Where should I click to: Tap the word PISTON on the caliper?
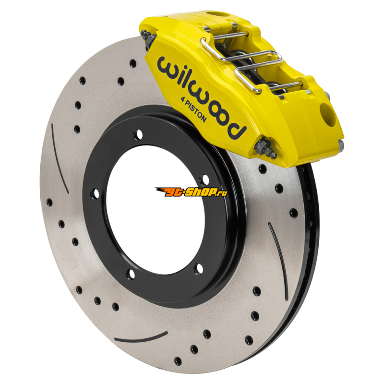(196, 111)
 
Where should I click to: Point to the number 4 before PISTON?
(182, 99)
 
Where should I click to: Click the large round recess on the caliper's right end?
(328, 115)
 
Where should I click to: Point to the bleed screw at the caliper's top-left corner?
(147, 37)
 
